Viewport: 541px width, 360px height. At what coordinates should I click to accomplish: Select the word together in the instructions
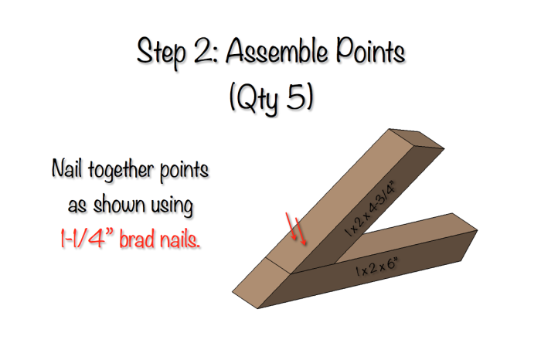(x=134, y=168)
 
